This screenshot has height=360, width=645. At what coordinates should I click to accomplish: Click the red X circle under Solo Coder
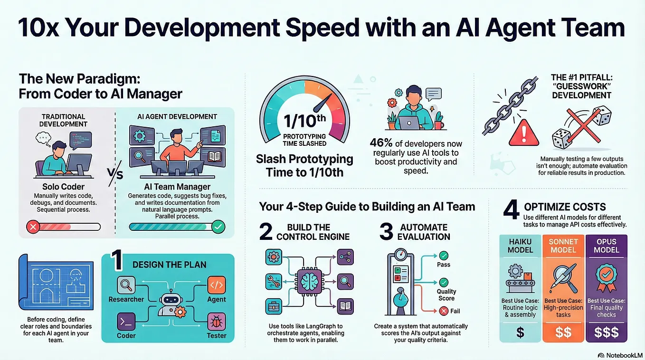tap(33, 227)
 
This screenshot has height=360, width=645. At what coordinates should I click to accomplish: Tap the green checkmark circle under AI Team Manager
tap(218, 227)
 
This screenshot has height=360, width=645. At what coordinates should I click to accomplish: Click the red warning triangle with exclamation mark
tap(524, 133)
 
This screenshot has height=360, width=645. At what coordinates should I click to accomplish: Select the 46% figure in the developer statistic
tap(381, 143)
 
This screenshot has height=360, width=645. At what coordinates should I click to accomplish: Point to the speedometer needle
tap(323, 103)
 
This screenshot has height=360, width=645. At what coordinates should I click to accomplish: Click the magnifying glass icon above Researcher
tap(126, 285)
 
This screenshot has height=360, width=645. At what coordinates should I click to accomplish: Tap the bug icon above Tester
tap(217, 322)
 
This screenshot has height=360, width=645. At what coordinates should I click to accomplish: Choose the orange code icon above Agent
tap(217, 285)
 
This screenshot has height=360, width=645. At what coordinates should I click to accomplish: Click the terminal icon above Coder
tap(126, 322)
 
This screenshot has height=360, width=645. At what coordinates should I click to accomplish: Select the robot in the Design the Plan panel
tap(171, 303)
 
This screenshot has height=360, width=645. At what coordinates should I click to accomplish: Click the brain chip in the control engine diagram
tap(310, 281)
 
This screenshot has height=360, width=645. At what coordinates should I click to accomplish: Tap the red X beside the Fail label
tap(444, 311)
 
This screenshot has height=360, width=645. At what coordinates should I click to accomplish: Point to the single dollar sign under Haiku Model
tap(520, 332)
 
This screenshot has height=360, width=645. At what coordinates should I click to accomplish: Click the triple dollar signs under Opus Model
tap(607, 332)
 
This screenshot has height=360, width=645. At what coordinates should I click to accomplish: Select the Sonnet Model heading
tap(563, 246)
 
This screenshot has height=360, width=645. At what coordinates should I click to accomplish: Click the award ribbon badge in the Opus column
tap(606, 277)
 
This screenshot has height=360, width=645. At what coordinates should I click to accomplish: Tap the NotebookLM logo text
tap(624, 355)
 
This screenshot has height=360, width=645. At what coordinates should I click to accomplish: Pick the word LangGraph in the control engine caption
tap(321, 326)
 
